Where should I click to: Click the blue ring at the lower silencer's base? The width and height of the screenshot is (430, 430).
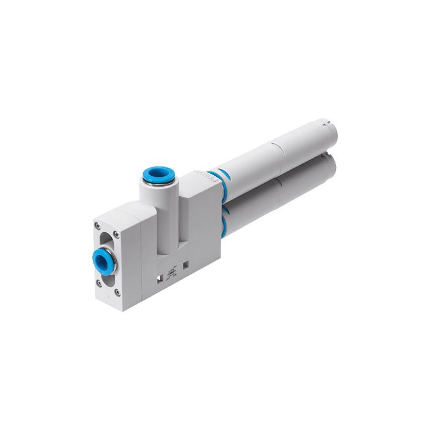point(222,213)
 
